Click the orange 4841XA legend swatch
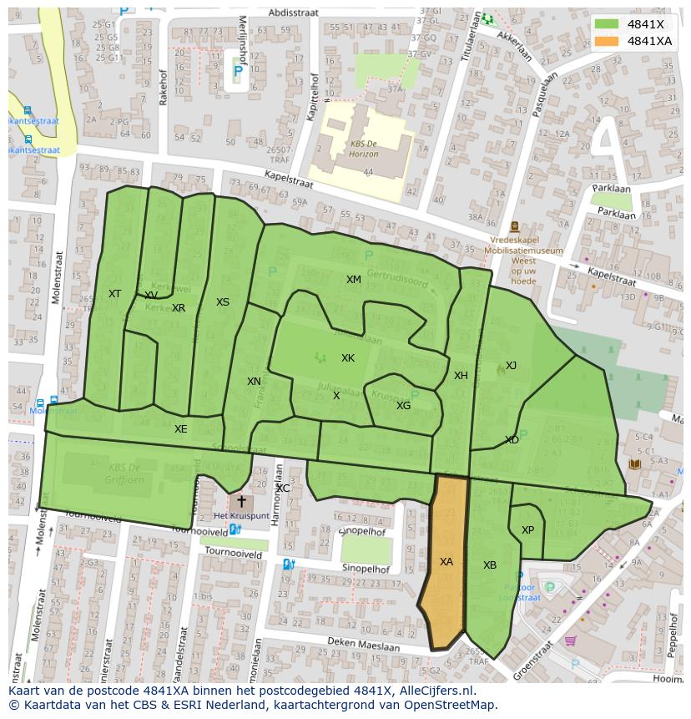[607, 41]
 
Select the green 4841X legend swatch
[607, 24]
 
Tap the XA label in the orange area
[446, 562]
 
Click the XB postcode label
[490, 565]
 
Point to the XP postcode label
[527, 530]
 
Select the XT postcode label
[114, 294]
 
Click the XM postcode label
[354, 280]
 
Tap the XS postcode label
[223, 302]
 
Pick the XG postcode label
[403, 406]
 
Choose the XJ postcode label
[511, 366]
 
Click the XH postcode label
[461, 376]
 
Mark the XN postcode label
[254, 382]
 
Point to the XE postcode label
[180, 429]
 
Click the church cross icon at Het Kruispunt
[242, 502]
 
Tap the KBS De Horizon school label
[364, 149]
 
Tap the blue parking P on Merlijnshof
[238, 73]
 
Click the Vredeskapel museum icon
[514, 226]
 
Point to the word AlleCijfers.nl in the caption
[435, 691]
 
